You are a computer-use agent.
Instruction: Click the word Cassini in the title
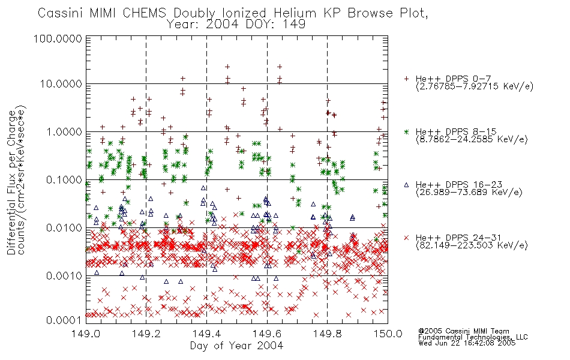62,13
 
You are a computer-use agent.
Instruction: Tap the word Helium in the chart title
295,13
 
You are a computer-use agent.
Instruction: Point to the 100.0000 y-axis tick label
58,39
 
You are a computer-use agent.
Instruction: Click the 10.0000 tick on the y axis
61,85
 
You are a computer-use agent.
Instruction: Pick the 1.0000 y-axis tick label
64,132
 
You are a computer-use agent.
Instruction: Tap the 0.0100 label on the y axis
64,228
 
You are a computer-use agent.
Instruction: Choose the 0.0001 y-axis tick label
64,320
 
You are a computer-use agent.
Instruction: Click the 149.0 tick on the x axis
86,334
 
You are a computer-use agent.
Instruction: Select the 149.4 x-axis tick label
206,334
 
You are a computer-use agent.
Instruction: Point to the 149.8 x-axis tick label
327,334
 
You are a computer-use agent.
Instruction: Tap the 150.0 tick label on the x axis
388,334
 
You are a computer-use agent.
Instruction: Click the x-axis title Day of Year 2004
236,346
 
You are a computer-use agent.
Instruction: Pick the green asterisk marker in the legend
406,132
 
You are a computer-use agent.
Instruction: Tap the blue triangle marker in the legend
406,185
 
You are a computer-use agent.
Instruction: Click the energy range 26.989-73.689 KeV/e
469,193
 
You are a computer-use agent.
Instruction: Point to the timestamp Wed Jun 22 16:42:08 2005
467,343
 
